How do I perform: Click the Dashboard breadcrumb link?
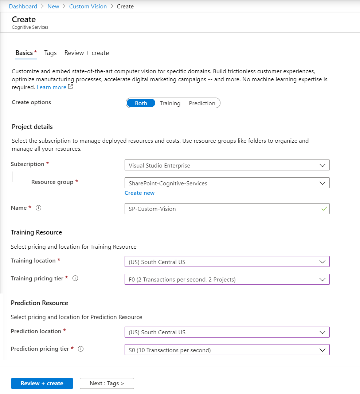coord(23,6)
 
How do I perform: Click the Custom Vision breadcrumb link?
coord(88,6)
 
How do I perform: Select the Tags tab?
coord(50,53)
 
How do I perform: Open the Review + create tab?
coord(86,53)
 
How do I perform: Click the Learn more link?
coord(51,87)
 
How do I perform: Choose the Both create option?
coord(141,103)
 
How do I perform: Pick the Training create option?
coord(170,103)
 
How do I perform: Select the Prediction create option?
coord(202,103)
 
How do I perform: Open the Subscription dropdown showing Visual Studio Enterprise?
coord(227,165)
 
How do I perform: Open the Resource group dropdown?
coord(227,183)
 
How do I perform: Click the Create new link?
coord(140,193)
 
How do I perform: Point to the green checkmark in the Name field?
coord(324,209)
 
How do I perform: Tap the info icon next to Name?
coord(39,208)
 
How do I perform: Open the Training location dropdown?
coord(227,261)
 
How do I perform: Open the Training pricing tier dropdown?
coord(227,279)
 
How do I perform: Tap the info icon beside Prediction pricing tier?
coord(81,349)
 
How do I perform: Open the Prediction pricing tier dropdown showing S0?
coord(227,350)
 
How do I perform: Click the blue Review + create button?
coord(42,383)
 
